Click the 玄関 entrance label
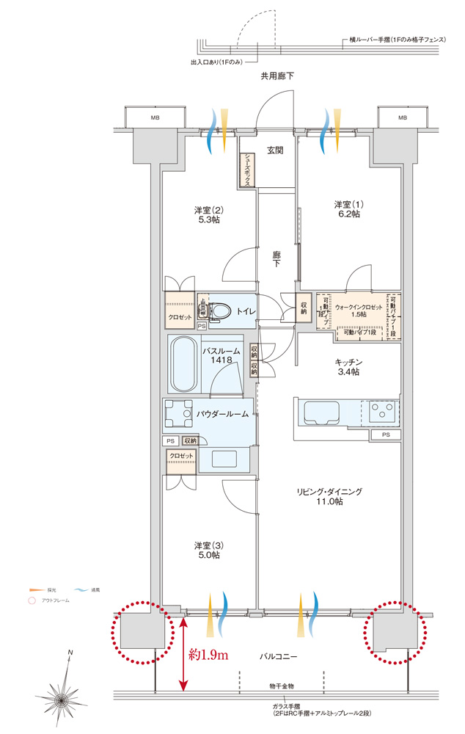tap(275, 150)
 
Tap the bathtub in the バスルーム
tap(183, 365)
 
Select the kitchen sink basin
tap(320, 413)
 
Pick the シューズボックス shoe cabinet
tap(248, 170)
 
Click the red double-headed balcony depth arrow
tap(183, 652)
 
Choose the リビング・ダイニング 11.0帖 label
tap(329, 496)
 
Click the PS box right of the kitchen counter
tap(386, 435)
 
